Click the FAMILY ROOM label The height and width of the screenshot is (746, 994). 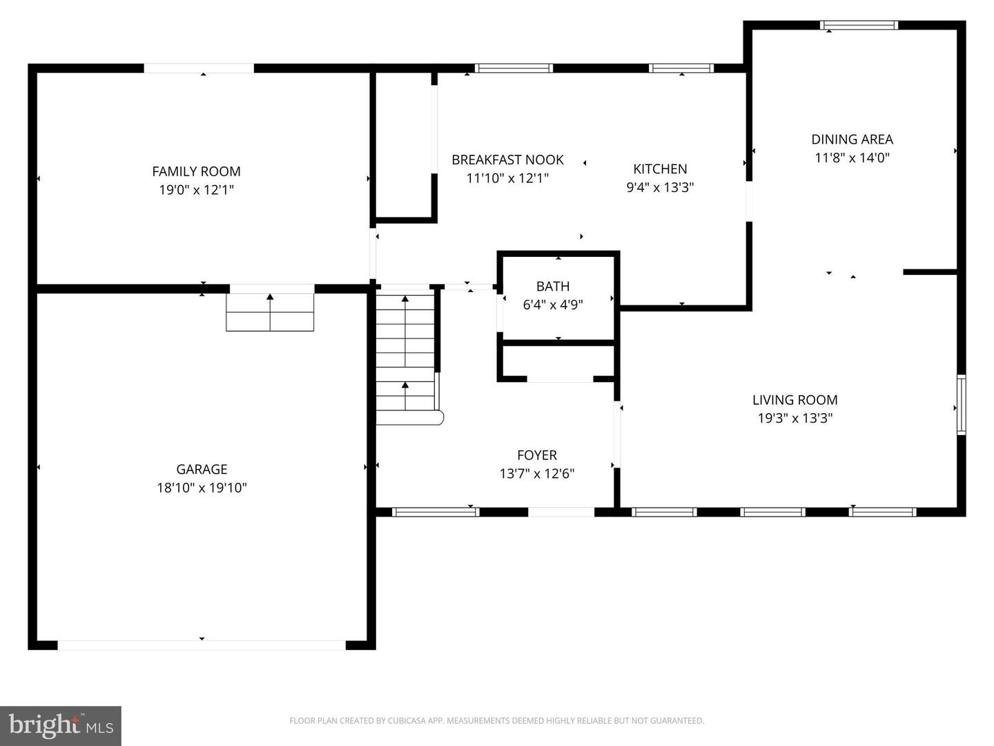(x=196, y=171)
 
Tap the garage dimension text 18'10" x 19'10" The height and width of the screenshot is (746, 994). (x=202, y=488)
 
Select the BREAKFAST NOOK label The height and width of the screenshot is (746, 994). (x=507, y=160)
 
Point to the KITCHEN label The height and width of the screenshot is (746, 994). (x=660, y=169)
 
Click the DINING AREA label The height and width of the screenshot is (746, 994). (x=852, y=139)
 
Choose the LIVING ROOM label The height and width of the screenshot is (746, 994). (x=795, y=400)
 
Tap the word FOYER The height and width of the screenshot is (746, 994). (x=536, y=455)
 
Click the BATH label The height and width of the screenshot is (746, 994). (x=553, y=286)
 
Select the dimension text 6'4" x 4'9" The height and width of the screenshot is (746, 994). (x=553, y=305)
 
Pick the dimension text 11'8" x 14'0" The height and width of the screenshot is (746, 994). (x=852, y=157)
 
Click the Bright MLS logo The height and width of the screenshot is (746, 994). (x=61, y=726)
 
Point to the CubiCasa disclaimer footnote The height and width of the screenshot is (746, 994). (x=496, y=720)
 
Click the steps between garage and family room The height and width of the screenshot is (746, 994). (x=270, y=312)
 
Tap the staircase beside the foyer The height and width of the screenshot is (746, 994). (x=406, y=356)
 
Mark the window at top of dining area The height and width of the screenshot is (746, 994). (x=859, y=26)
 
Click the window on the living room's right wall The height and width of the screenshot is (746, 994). (x=961, y=405)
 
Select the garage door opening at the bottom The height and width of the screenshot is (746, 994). (x=202, y=645)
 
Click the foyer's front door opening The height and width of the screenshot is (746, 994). (x=561, y=512)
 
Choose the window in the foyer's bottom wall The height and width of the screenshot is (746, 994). (x=436, y=512)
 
